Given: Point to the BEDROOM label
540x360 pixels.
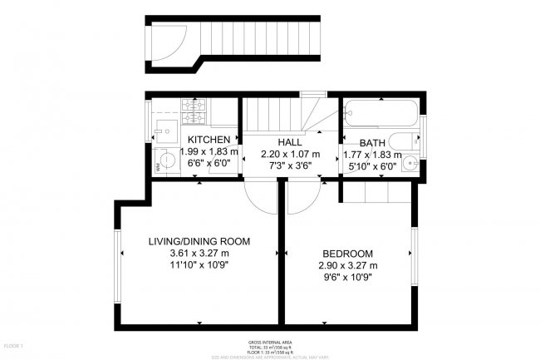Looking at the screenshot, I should [x=347, y=254].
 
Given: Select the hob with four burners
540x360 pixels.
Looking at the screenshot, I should [x=194, y=106].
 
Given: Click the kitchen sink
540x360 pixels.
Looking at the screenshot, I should [x=164, y=129].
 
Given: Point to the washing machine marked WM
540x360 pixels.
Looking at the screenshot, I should [x=167, y=163].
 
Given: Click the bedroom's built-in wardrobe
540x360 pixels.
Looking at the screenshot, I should [x=377, y=192].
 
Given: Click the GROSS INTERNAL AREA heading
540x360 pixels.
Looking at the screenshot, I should [x=271, y=342].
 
